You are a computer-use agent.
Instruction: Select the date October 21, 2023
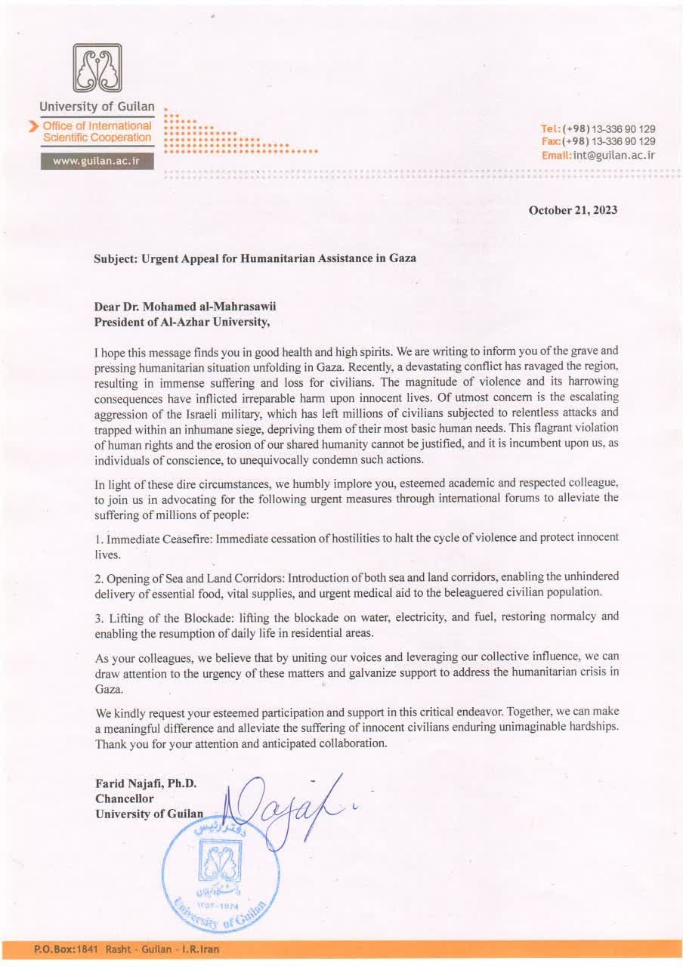tap(573, 210)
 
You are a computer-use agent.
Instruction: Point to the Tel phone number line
tap(598, 128)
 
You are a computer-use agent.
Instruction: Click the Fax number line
tap(598, 141)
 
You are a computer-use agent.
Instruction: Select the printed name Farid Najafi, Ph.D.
tap(146, 783)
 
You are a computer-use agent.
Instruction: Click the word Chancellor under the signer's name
tap(125, 799)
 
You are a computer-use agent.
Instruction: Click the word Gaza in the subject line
tap(401, 258)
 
